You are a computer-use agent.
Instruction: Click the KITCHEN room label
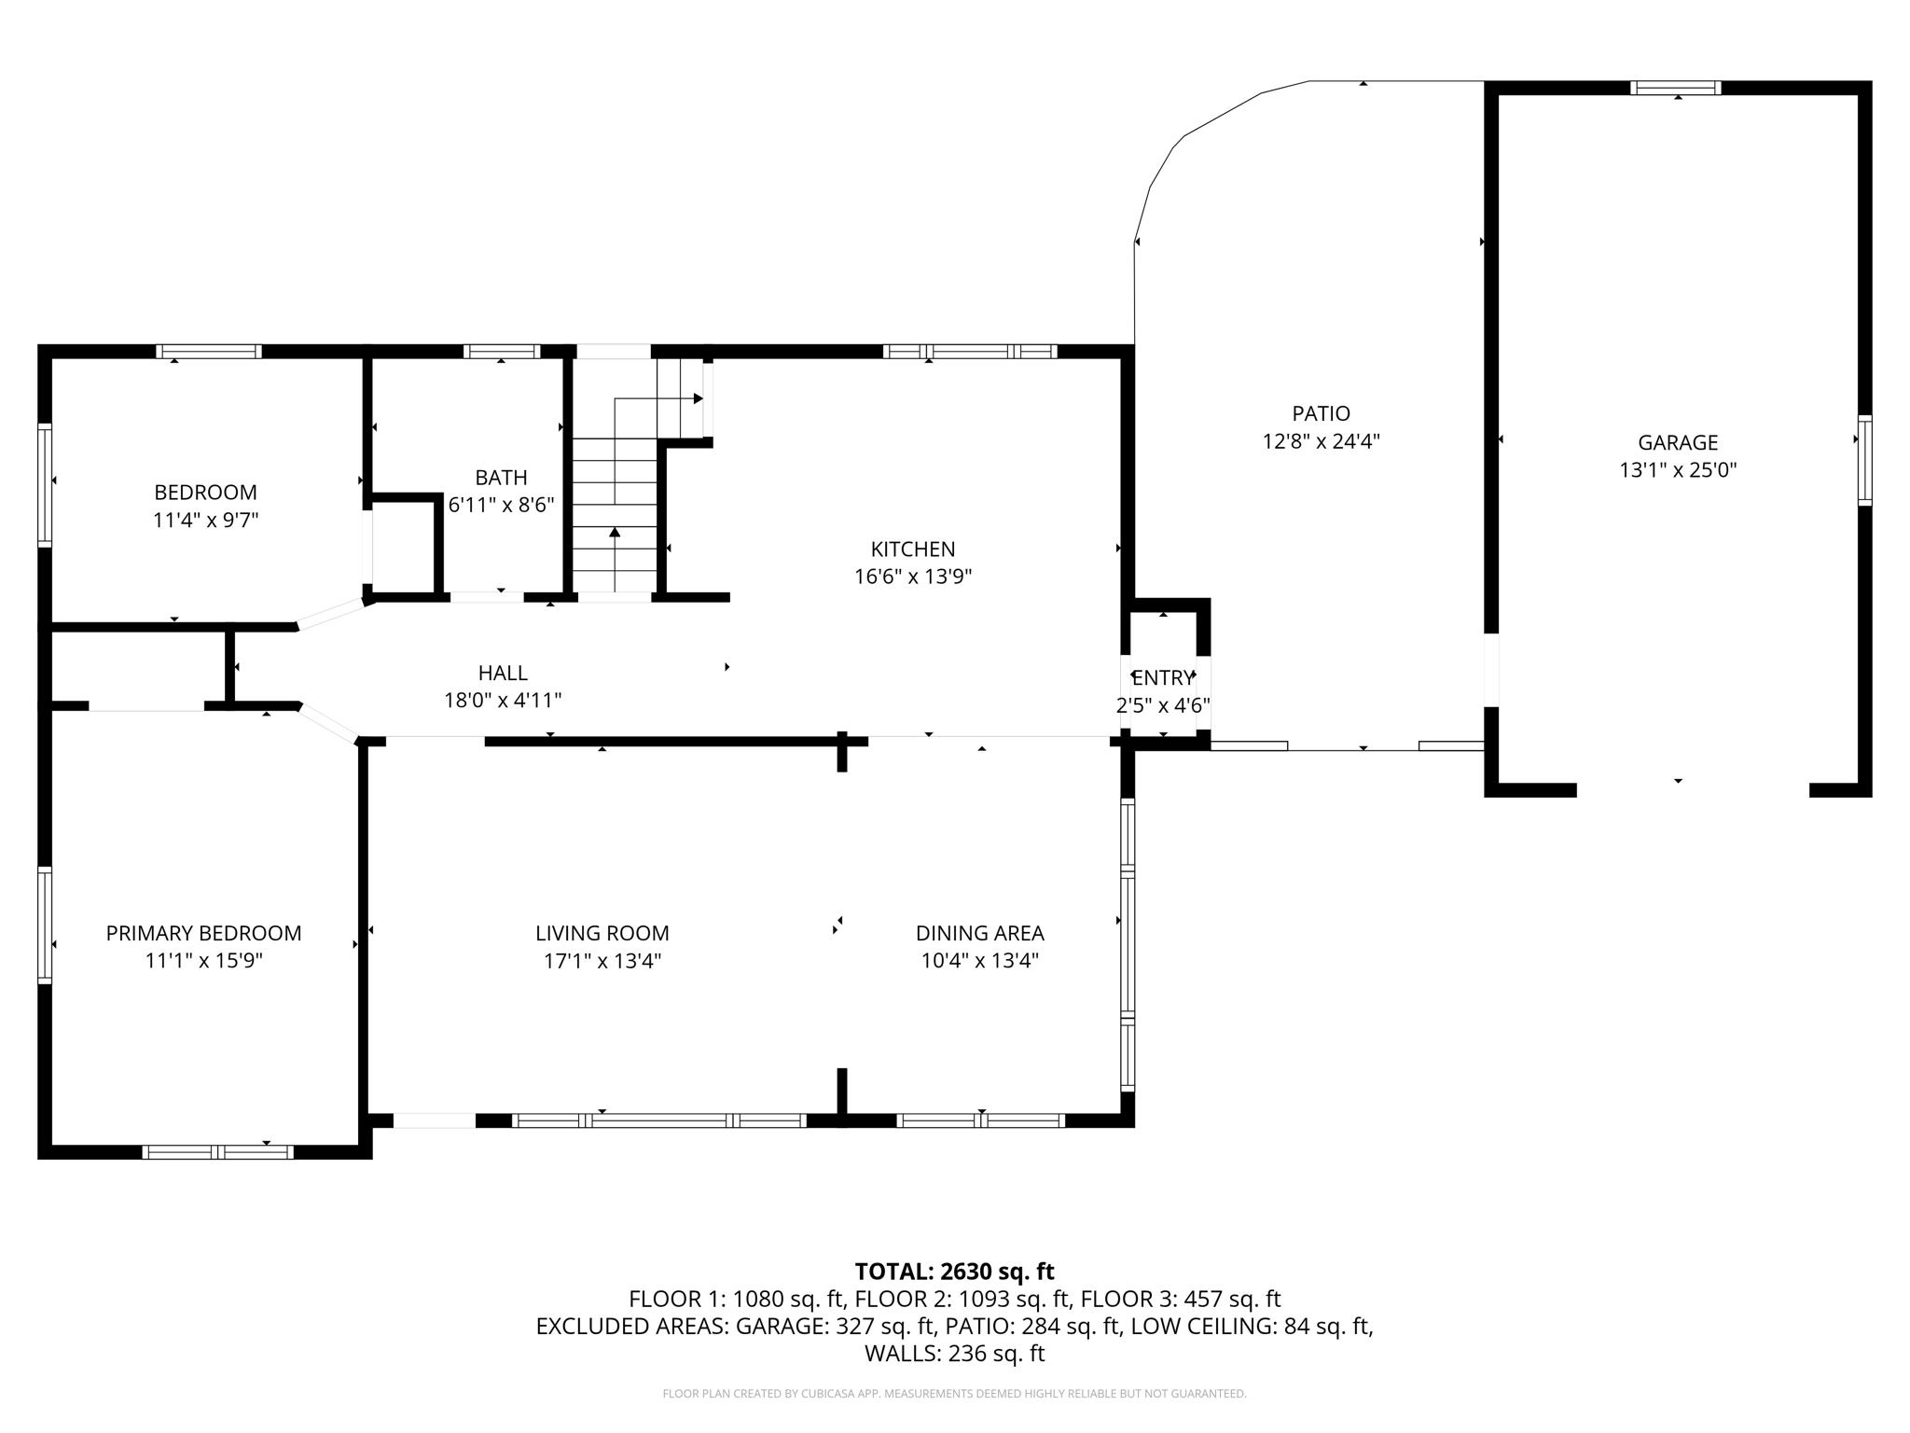click(912, 550)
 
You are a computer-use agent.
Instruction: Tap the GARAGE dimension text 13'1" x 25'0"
click(1678, 470)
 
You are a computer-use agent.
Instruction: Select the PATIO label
click(1321, 413)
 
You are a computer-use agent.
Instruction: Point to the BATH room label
click(501, 478)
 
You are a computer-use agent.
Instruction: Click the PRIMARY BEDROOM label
click(203, 933)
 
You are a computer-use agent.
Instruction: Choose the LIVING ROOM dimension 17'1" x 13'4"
click(602, 961)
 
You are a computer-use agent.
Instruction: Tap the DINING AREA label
click(979, 933)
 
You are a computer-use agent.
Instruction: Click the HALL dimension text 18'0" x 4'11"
click(503, 700)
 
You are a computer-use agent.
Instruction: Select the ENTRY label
click(1163, 678)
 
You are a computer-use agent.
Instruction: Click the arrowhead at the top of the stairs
click(698, 399)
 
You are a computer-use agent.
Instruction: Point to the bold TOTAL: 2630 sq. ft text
click(954, 1272)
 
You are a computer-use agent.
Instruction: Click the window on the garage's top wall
click(1676, 89)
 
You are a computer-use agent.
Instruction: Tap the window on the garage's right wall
click(1863, 461)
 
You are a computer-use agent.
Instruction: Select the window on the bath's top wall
click(502, 352)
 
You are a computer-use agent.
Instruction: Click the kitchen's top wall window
click(970, 352)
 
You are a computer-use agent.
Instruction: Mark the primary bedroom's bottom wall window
click(217, 1152)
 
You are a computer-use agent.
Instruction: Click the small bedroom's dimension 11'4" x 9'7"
click(205, 520)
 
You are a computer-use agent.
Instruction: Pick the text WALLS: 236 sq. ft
click(954, 1354)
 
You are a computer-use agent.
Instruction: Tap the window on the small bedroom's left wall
click(44, 484)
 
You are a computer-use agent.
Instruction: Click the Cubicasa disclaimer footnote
click(954, 1394)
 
